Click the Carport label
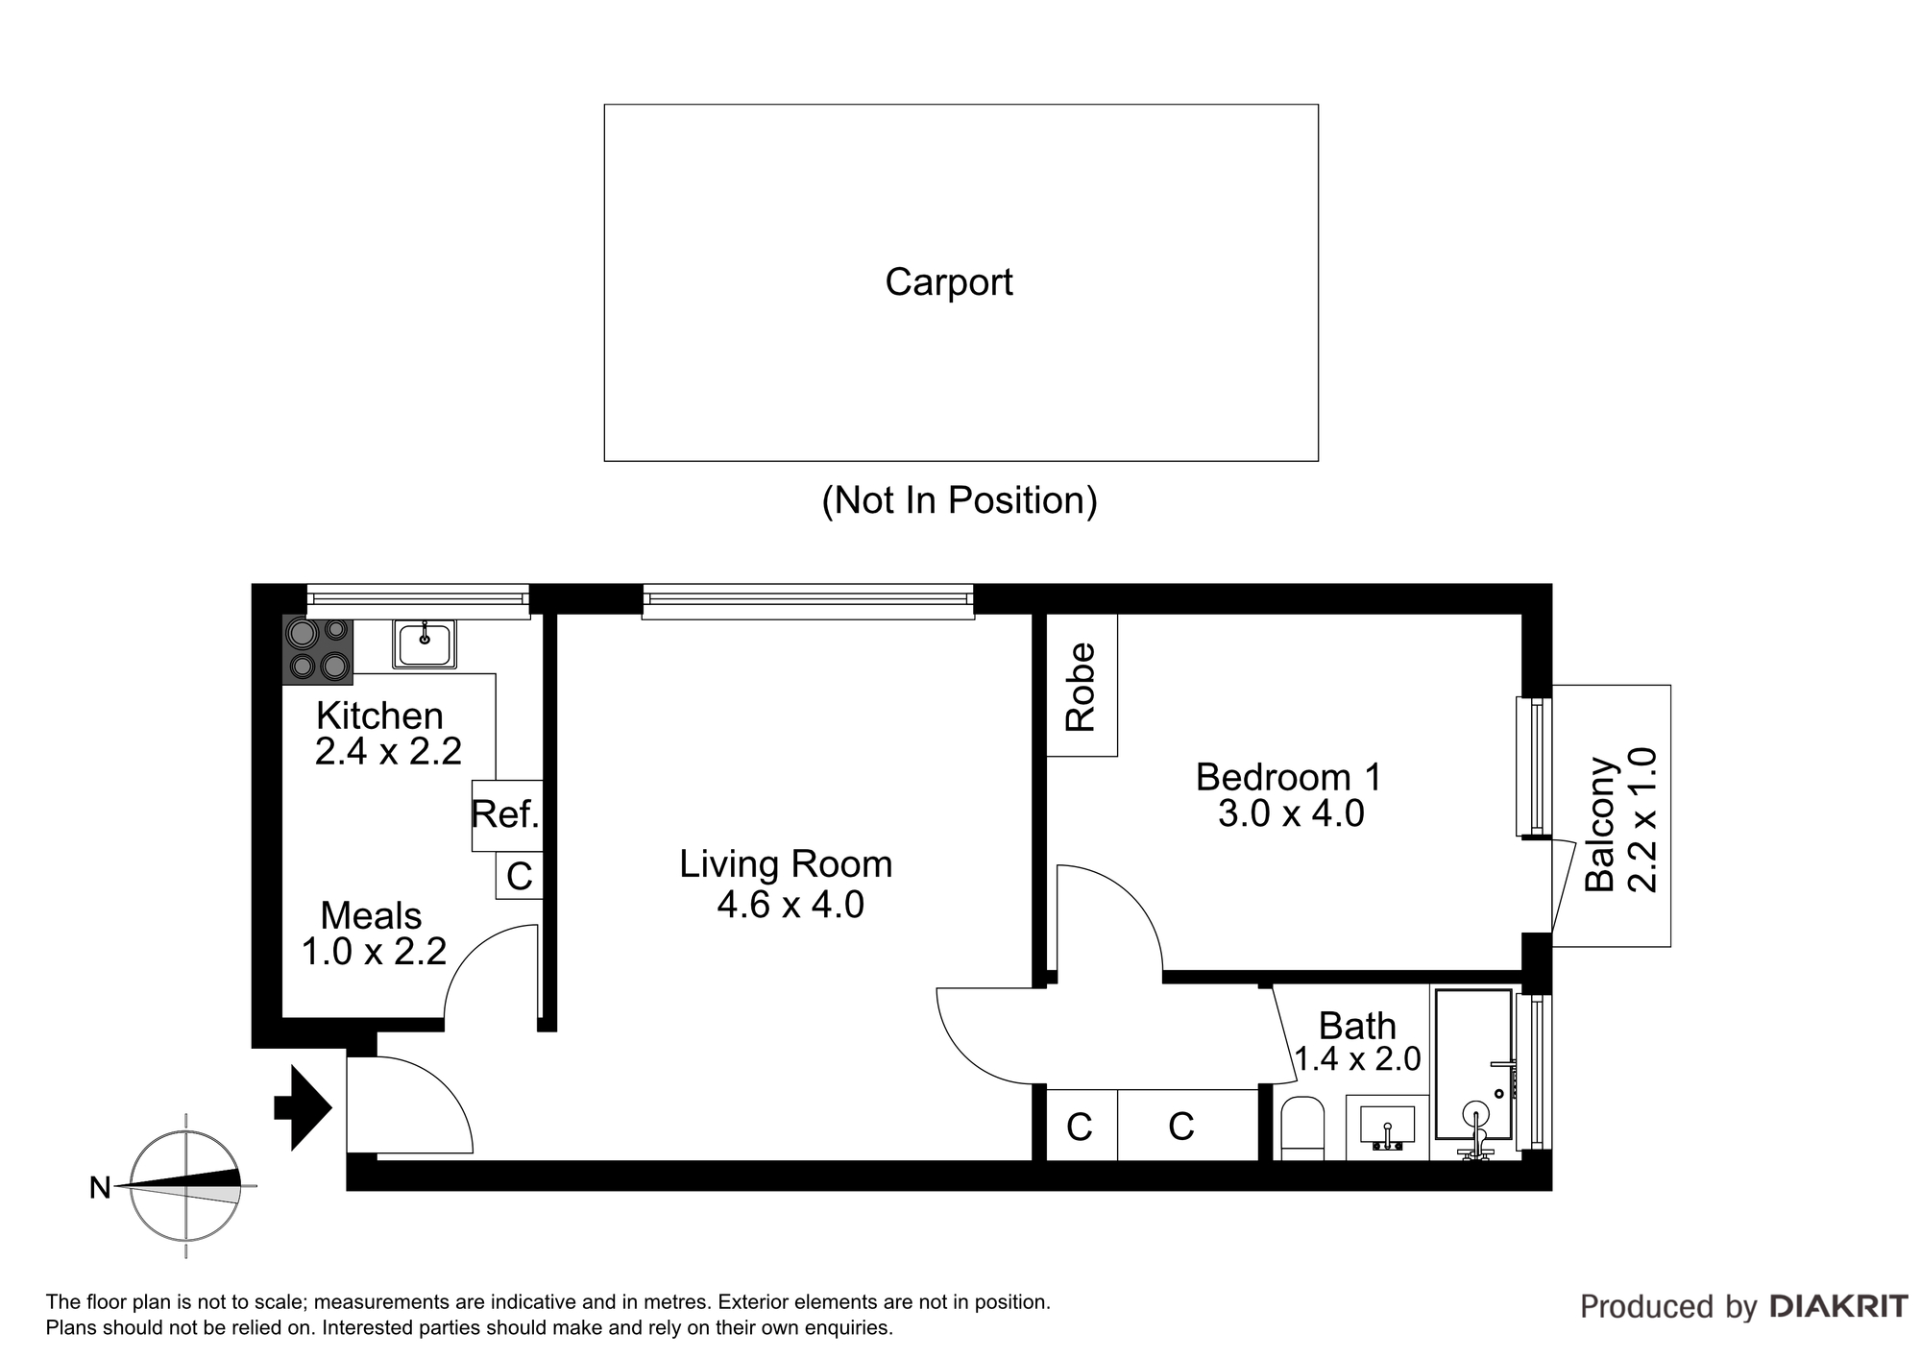(x=949, y=282)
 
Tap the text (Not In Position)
(x=960, y=500)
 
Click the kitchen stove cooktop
(x=318, y=650)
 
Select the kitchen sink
(x=424, y=643)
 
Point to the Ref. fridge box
(x=507, y=815)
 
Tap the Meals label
(x=371, y=915)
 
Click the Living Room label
(x=786, y=864)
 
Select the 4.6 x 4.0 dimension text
(x=790, y=905)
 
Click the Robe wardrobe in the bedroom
(x=1082, y=686)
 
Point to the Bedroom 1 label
(x=1289, y=777)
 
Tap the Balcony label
(x=1600, y=824)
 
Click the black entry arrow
(x=304, y=1107)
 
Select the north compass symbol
(x=185, y=1187)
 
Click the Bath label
(x=1357, y=1026)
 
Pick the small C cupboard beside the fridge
(x=520, y=875)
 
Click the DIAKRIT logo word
(x=1838, y=1306)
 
